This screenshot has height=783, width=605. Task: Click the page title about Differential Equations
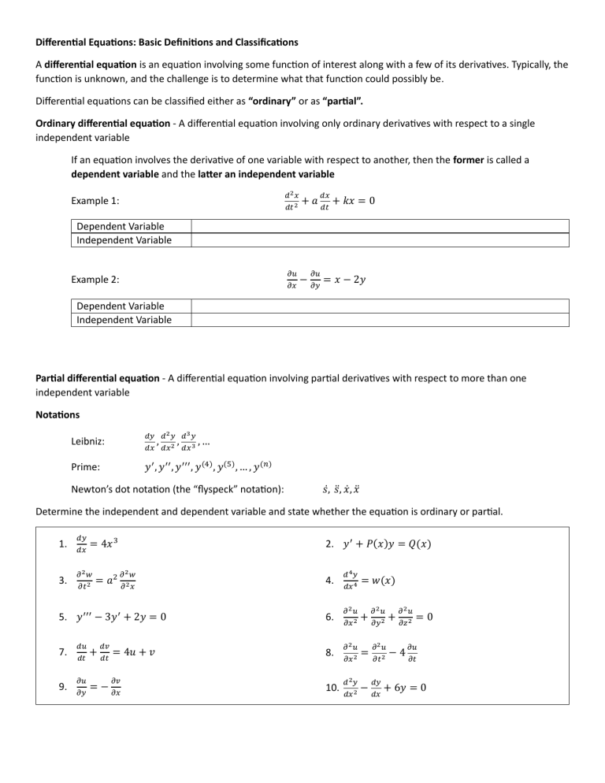(x=167, y=41)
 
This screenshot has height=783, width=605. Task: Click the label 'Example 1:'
(x=95, y=201)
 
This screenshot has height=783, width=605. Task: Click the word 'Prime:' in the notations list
(x=87, y=466)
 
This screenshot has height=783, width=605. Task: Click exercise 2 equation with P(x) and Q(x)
(x=388, y=544)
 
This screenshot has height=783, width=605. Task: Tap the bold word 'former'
(x=470, y=159)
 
